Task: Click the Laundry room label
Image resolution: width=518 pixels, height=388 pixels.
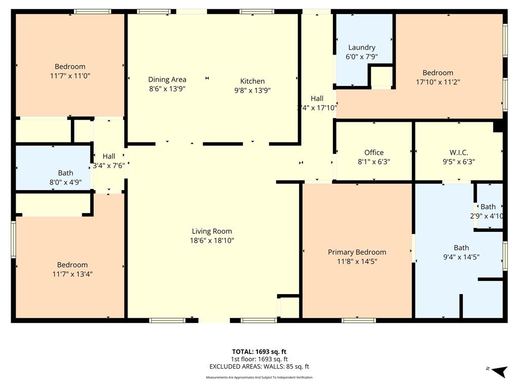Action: coord(361,47)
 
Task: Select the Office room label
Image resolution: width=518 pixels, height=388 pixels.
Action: coord(374,153)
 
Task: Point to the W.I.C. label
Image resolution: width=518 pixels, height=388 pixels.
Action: coord(458,153)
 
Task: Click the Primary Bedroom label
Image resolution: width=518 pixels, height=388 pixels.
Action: coord(357,252)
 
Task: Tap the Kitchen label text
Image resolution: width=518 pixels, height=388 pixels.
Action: coord(252,81)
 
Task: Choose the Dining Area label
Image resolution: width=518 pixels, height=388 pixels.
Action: coord(167,79)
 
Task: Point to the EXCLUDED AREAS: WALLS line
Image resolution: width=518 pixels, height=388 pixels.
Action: coord(259,367)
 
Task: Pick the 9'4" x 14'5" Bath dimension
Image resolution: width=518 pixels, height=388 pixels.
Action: coord(461,257)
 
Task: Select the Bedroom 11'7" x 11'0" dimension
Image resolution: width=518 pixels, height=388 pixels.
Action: coord(70,76)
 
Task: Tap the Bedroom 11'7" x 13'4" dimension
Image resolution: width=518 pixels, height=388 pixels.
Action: coord(72,274)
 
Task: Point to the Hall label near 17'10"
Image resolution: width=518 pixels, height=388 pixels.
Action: coord(317,99)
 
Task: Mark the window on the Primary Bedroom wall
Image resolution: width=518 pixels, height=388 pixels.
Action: coord(359,320)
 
